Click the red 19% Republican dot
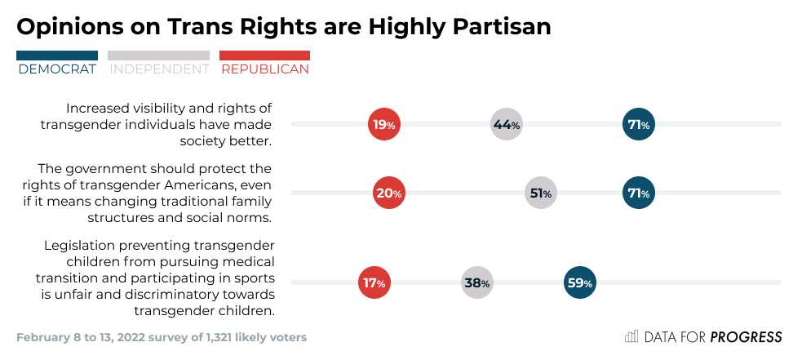click(383, 125)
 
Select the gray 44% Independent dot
click(506, 125)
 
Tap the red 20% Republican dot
click(388, 193)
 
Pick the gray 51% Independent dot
click(540, 193)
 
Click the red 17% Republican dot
click(374, 283)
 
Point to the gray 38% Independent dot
click(476, 283)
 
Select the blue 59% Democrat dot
click(578, 283)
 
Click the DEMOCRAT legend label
click(56, 69)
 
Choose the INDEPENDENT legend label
click(159, 69)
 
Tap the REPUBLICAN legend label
click(265, 69)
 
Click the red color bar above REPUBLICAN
click(265, 56)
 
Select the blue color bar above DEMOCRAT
click(56, 56)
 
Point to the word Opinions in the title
click(68, 26)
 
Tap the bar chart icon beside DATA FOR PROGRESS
click(631, 336)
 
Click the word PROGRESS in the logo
click(746, 337)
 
